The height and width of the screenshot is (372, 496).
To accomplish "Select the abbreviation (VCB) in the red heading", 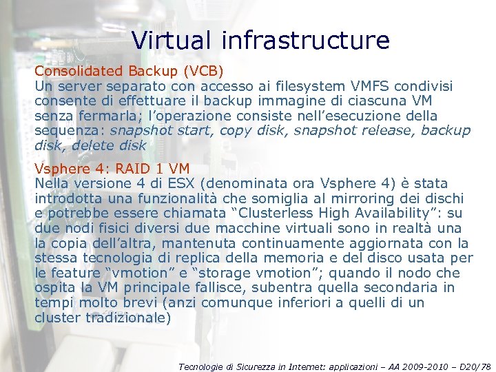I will coord(202,70).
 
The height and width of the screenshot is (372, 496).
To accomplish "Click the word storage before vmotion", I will coord(225,273).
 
